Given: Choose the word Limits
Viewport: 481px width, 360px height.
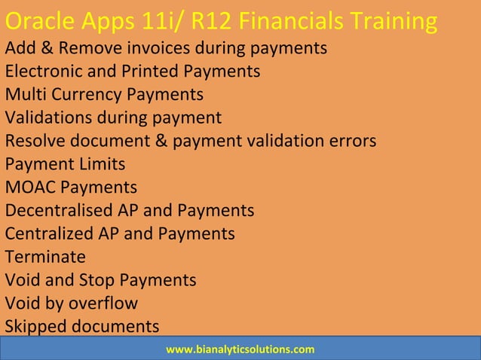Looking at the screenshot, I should [99, 164].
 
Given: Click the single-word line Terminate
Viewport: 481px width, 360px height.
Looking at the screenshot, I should [45, 257].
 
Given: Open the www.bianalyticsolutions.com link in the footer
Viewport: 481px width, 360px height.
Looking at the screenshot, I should [240, 349].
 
